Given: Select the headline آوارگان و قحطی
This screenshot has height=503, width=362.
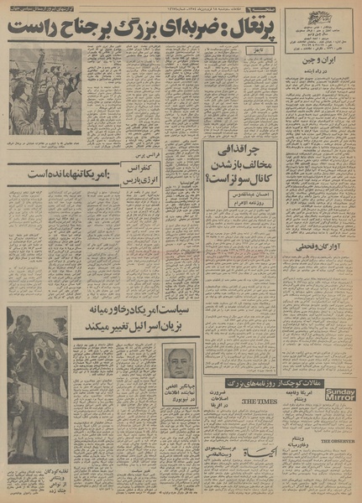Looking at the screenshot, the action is tap(323, 246).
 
